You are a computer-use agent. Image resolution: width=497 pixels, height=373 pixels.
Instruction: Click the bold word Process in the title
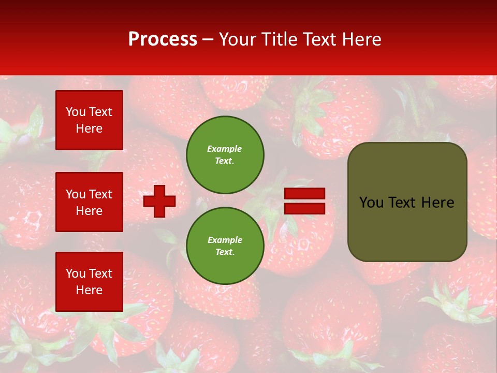tap(163, 39)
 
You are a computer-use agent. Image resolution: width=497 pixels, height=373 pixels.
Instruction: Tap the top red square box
tap(89, 120)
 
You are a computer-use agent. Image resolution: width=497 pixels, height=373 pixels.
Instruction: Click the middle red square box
tap(89, 202)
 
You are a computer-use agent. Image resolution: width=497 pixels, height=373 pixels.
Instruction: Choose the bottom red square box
tap(89, 282)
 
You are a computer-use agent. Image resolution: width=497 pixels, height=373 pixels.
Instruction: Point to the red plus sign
tap(159, 201)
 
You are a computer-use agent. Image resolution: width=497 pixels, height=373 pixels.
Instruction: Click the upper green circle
tap(225, 154)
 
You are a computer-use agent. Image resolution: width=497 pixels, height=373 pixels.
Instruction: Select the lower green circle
tap(225, 246)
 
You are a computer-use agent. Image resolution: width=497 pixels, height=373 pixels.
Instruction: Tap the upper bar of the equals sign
tap(304, 194)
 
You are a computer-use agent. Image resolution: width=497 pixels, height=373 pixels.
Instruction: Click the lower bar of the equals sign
tap(304, 208)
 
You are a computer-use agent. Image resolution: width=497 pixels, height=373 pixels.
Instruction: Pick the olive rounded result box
tap(407, 228)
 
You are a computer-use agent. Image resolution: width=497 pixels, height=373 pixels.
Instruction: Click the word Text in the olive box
tap(402, 203)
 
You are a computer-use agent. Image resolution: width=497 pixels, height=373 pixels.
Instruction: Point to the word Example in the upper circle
tap(225, 149)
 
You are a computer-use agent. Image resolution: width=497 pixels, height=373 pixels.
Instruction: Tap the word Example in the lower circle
tap(225, 240)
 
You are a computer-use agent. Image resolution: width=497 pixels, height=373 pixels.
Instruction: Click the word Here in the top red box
tap(89, 128)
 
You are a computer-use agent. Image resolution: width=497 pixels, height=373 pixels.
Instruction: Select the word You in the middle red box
tap(75, 194)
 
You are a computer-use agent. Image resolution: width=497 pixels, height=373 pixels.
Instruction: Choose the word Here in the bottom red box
tap(89, 290)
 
